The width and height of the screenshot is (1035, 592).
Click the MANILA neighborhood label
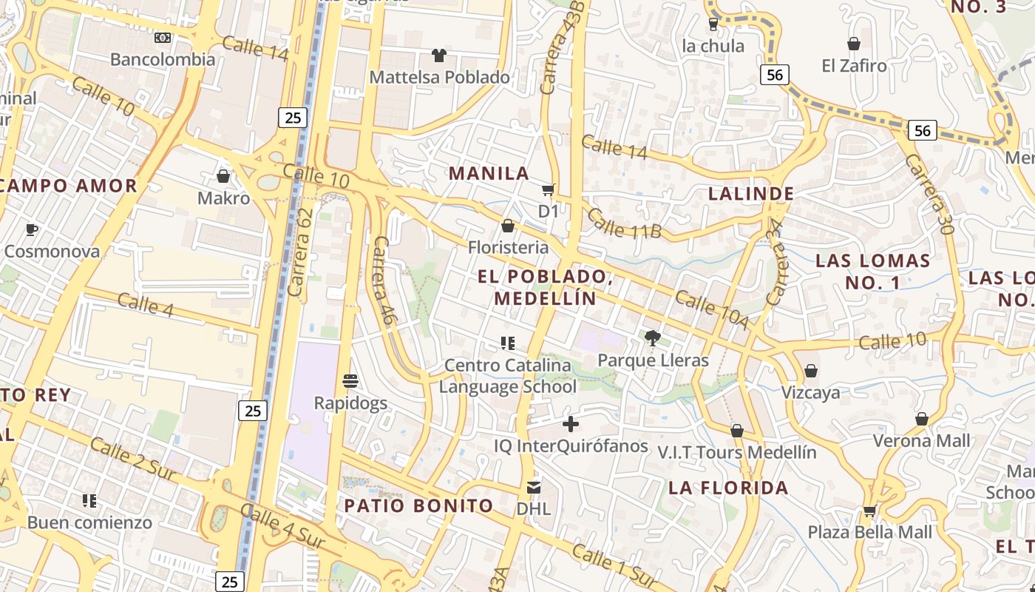(489, 173)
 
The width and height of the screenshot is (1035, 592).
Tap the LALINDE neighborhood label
(751, 194)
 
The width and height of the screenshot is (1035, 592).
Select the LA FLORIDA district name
(728, 488)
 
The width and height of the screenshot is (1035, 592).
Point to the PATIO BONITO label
(418, 506)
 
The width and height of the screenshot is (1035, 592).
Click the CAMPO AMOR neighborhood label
(69, 186)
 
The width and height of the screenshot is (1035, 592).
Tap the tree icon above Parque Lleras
(652, 338)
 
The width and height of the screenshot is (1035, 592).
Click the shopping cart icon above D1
(548, 190)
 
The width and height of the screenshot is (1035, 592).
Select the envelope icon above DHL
(534, 487)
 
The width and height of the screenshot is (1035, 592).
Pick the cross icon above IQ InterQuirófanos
(571, 424)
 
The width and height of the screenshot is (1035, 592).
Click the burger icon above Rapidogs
(350, 381)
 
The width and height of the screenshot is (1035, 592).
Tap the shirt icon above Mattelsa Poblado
(439, 55)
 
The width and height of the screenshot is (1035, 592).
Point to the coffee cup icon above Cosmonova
(32, 229)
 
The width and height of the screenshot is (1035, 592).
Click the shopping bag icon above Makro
(223, 176)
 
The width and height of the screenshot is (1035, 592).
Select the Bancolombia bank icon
(163, 37)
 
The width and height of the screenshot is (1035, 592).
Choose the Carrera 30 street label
(929, 194)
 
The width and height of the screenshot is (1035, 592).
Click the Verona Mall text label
(921, 441)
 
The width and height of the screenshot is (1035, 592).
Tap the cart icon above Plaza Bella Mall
(869, 510)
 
